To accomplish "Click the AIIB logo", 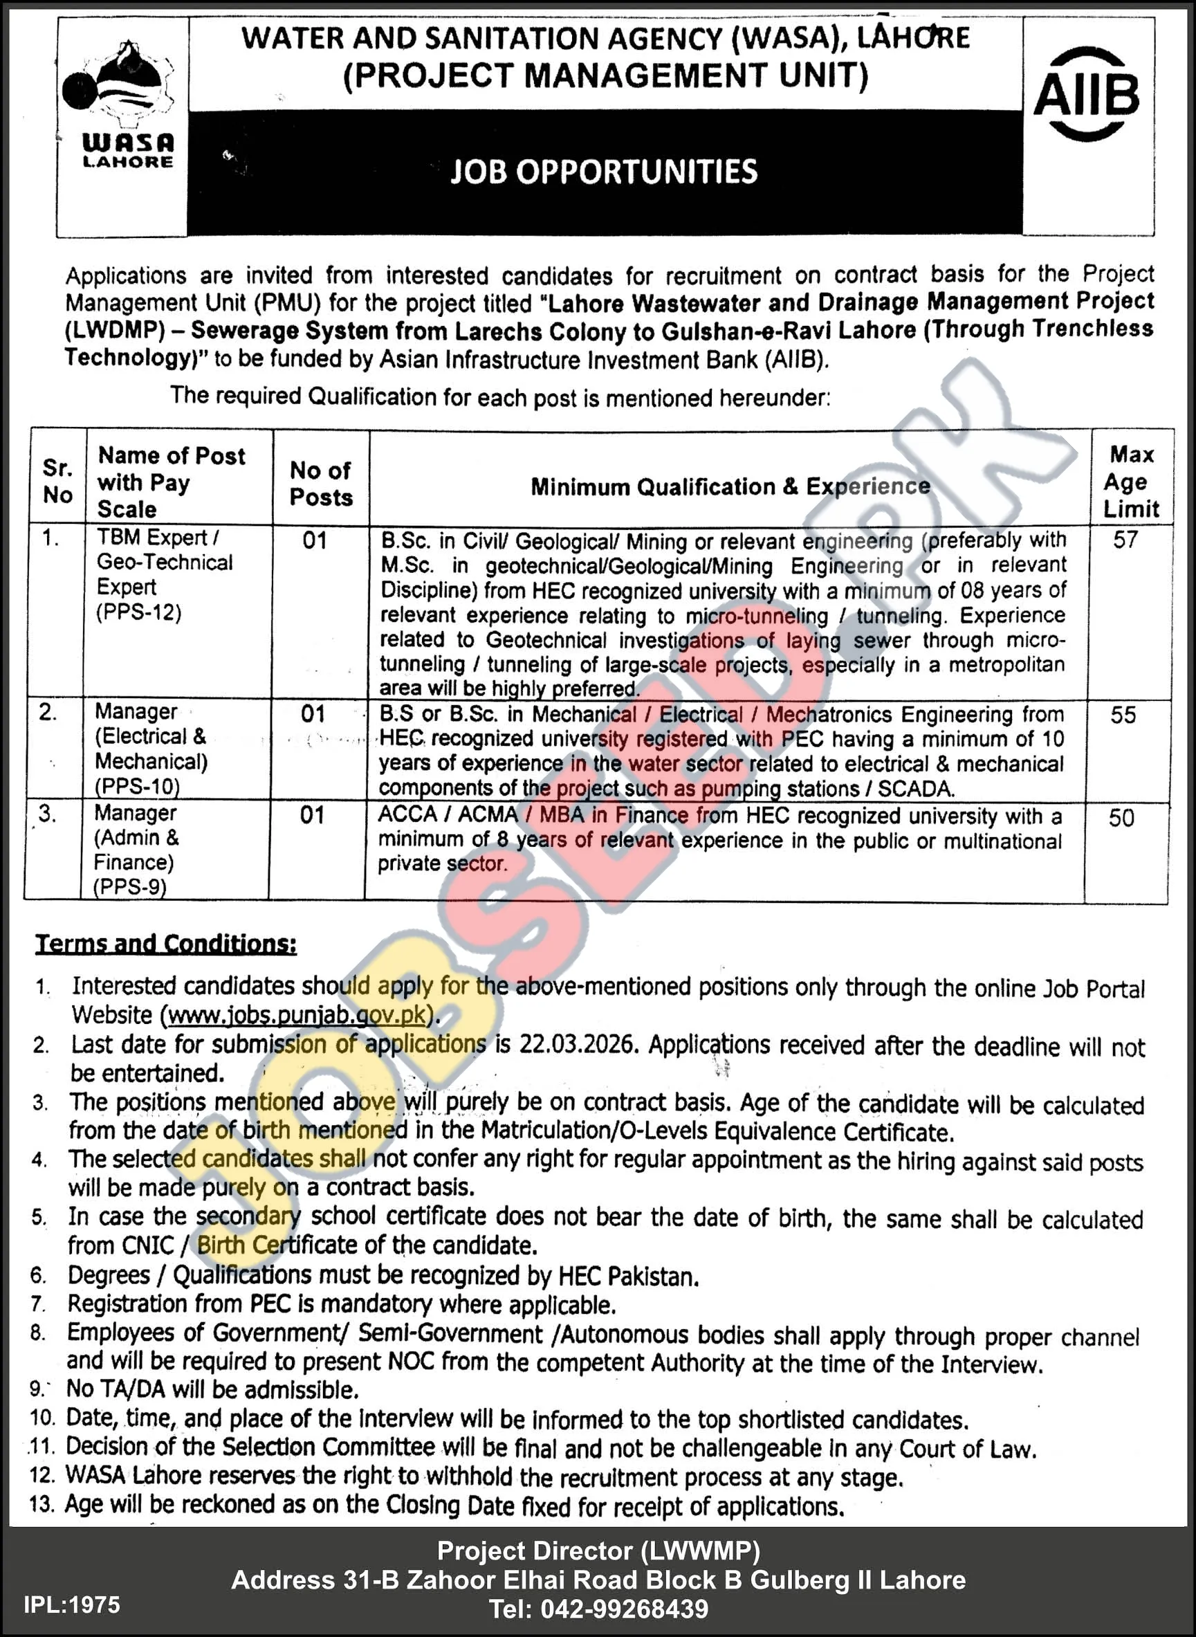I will coord(1086,94).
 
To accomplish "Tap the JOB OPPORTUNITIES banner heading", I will coord(604,172).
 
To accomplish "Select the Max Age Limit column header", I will coord(1131,482).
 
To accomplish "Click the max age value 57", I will coord(1125,540).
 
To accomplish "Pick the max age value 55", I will coord(1123,715).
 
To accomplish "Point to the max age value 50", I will coord(1121,818).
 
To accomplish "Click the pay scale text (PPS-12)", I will coord(139,612).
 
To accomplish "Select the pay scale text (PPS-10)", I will coord(138,786).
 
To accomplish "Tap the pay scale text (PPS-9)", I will coord(130,887).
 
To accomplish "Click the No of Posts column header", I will coord(321,484).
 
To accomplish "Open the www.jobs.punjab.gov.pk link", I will coord(297,1015).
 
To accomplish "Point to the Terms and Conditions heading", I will coord(166,944).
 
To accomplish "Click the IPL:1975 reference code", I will coord(72,1605).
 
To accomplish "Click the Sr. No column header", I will coord(57,482).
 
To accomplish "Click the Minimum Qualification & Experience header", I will coord(730,486).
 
